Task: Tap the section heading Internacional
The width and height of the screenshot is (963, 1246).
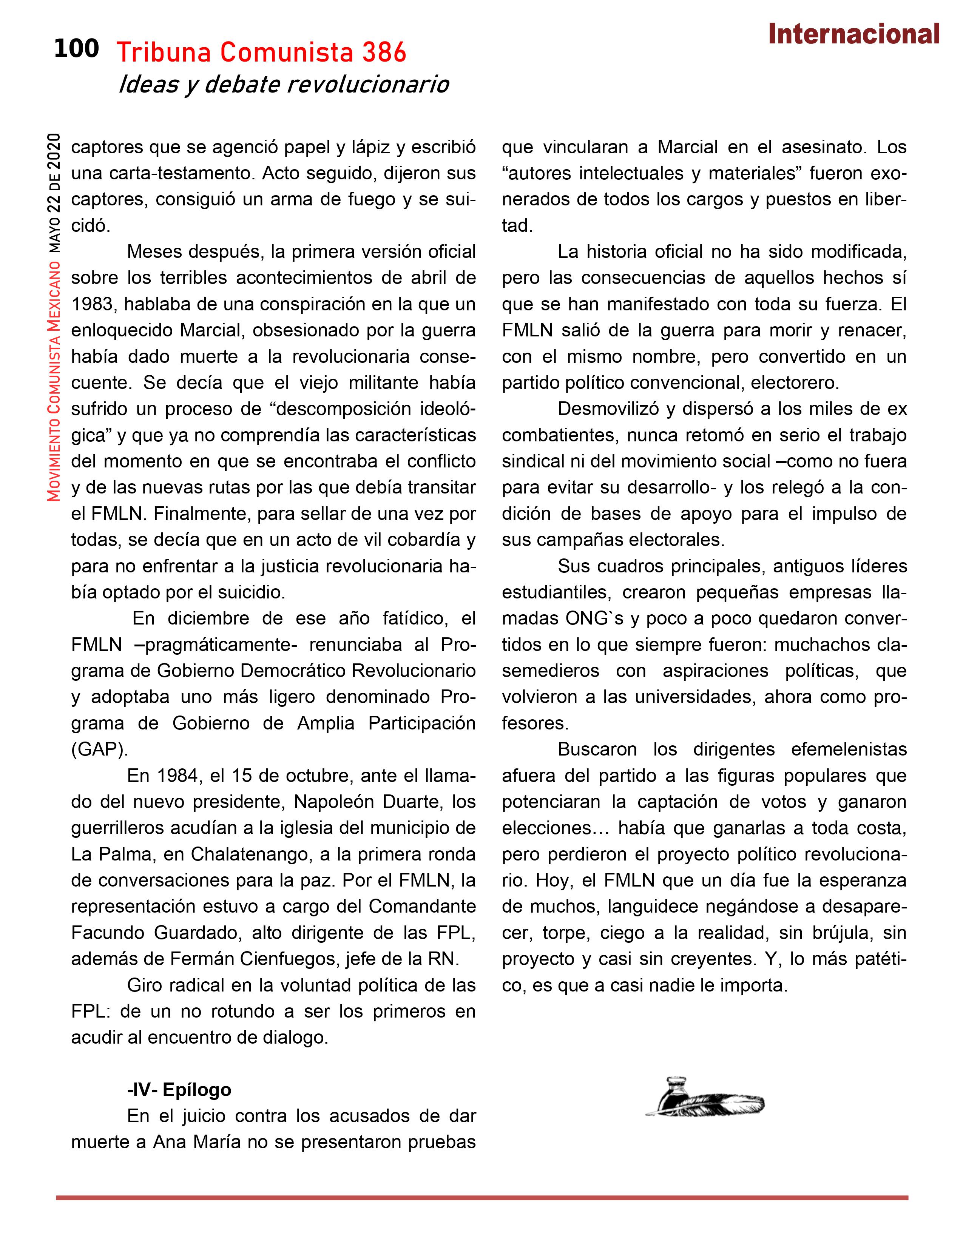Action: click(x=853, y=34)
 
